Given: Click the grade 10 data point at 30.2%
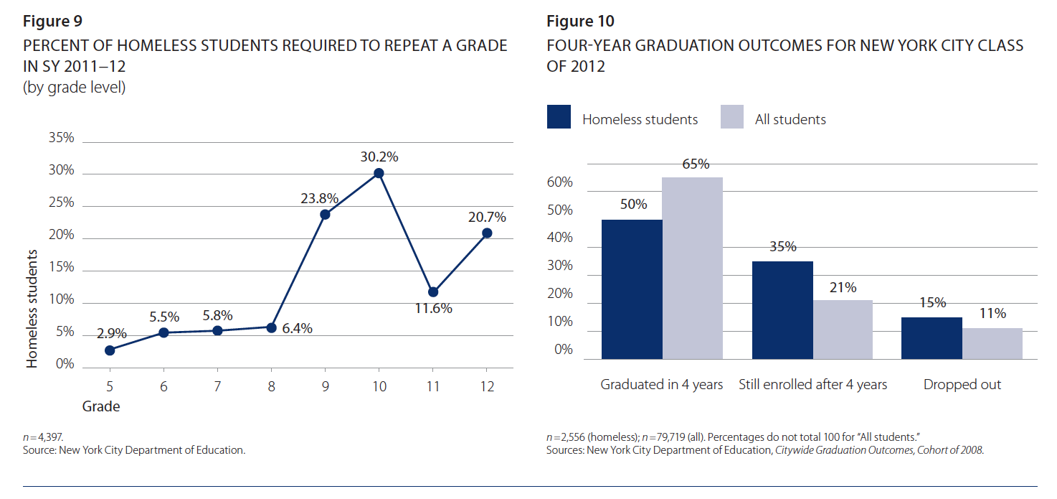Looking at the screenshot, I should tap(379, 173).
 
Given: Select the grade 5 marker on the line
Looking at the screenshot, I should tap(110, 350).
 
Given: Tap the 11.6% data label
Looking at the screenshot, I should tap(433, 309).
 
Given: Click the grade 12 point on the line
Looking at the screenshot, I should tap(487, 233).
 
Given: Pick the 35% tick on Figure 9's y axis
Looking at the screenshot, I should tap(61, 137).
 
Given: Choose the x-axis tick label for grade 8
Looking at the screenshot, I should tap(271, 386).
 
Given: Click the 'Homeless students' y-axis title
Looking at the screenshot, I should tap(32, 309).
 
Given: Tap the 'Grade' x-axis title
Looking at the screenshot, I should tap(101, 406).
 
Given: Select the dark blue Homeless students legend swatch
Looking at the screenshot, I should tap(559, 117).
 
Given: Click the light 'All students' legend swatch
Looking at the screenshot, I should tap(732, 117).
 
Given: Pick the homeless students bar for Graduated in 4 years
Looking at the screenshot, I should tap(632, 289).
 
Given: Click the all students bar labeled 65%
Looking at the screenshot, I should tap(692, 268).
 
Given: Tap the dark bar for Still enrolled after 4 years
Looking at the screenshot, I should tap(782, 309).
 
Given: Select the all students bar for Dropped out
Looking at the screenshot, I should tap(992, 343).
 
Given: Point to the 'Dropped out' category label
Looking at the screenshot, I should tap(962, 385).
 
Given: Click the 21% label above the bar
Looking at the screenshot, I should tap(843, 287).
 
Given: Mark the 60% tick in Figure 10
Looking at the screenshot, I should tap(559, 182).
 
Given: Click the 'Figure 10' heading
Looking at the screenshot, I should tap(581, 21).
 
